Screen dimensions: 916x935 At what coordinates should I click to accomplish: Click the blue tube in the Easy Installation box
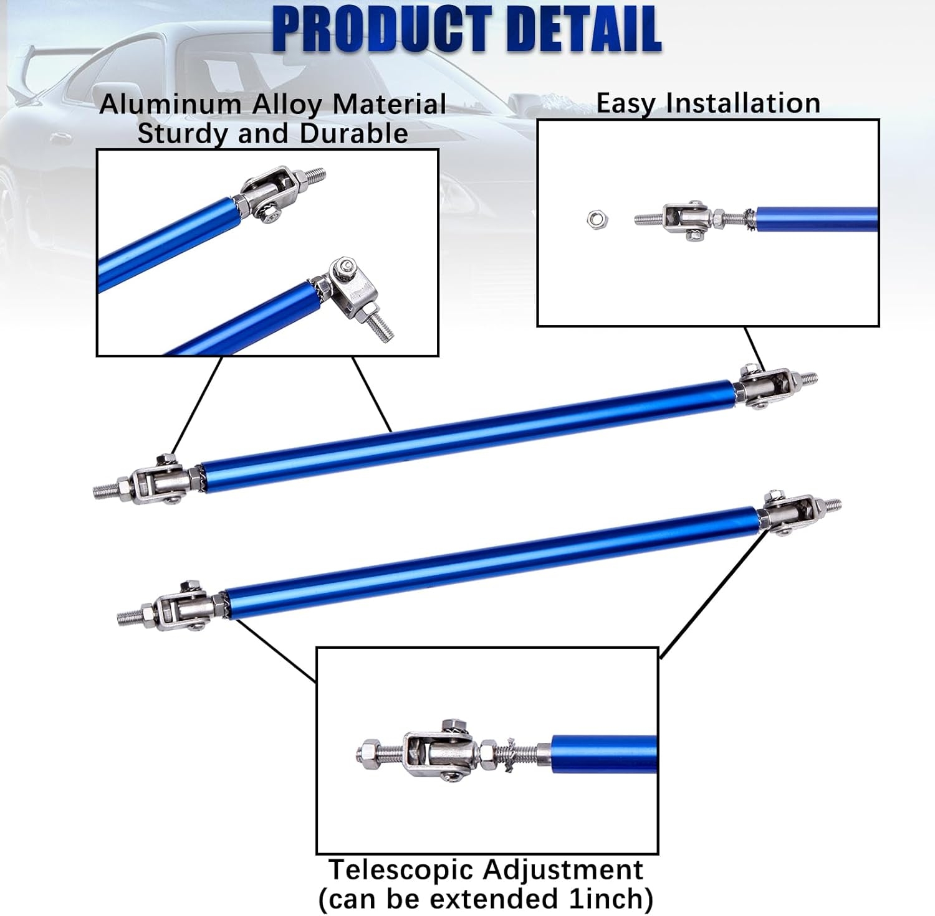817,219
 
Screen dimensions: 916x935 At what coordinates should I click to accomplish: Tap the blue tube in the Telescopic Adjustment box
604,754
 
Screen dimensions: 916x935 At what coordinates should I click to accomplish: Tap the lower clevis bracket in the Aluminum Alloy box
352,288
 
